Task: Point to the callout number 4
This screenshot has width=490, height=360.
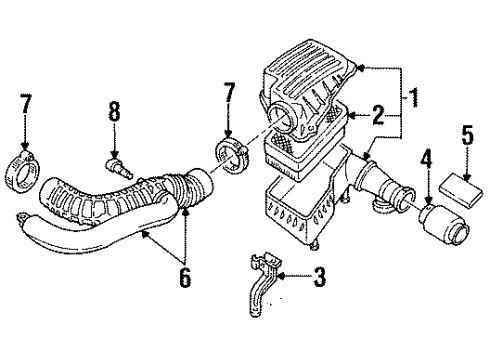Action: (426, 157)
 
